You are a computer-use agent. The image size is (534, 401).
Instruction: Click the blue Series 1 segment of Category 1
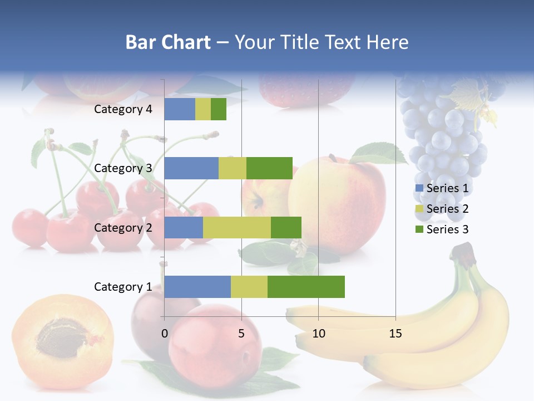tap(197, 286)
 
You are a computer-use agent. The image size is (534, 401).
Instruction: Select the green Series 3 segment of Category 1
tap(306, 286)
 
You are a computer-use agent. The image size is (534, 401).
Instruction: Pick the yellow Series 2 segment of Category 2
tap(236, 227)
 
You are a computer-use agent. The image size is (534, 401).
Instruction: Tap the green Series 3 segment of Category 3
tap(269, 168)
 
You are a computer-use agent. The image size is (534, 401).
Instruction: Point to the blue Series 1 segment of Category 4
tap(179, 109)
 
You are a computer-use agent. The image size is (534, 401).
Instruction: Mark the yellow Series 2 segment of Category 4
tap(202, 109)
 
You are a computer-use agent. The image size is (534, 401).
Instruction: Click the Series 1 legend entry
tap(442, 188)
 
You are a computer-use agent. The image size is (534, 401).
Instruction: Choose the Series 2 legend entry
tap(442, 209)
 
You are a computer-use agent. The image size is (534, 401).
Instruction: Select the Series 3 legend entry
tap(442, 229)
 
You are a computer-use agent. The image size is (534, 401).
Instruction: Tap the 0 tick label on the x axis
tap(164, 334)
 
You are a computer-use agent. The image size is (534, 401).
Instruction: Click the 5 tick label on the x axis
tap(241, 334)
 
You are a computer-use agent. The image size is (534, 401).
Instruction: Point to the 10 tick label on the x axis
tap(318, 334)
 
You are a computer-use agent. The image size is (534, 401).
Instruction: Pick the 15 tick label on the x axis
tap(395, 334)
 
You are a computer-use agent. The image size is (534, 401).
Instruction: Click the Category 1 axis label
tap(123, 287)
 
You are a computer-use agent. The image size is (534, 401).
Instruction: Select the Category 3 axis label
tap(123, 168)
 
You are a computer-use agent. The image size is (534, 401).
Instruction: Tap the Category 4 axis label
tap(123, 109)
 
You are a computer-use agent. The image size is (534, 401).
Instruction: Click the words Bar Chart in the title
tap(168, 42)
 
